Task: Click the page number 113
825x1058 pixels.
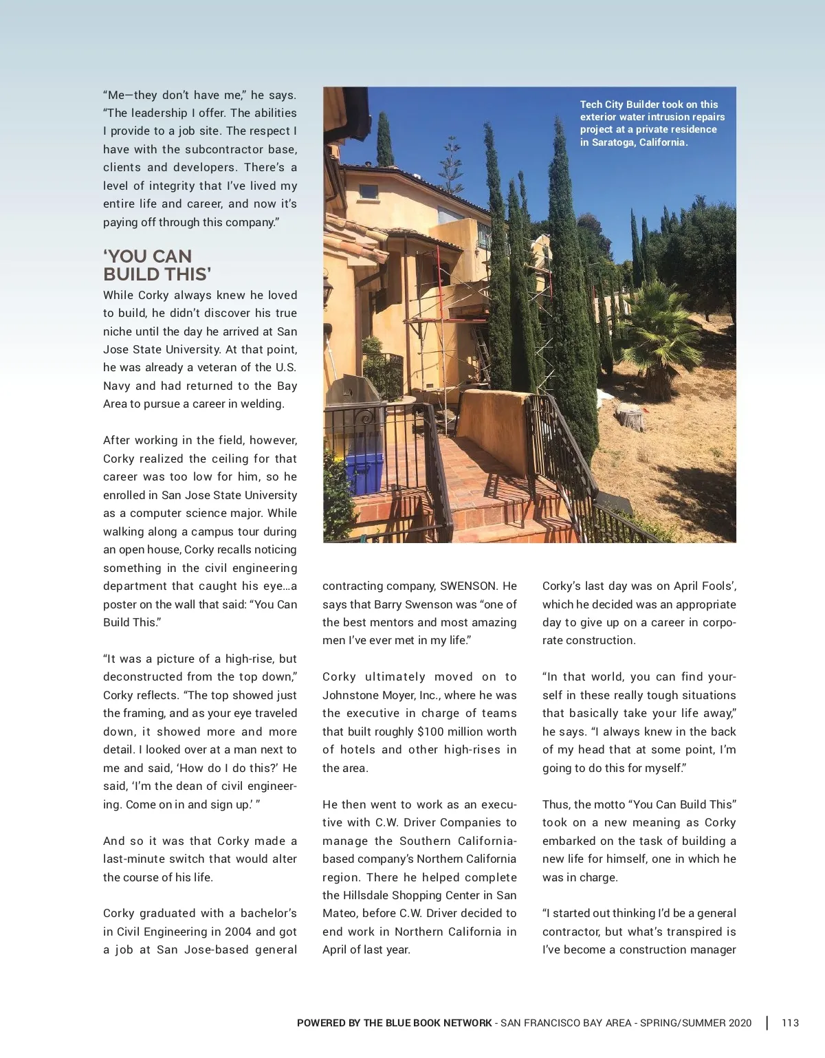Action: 790,1023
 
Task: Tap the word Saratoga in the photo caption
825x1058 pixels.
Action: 613,142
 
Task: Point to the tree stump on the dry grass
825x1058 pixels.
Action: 629,417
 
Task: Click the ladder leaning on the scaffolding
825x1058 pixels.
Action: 481,351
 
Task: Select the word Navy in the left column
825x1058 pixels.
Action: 116,386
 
